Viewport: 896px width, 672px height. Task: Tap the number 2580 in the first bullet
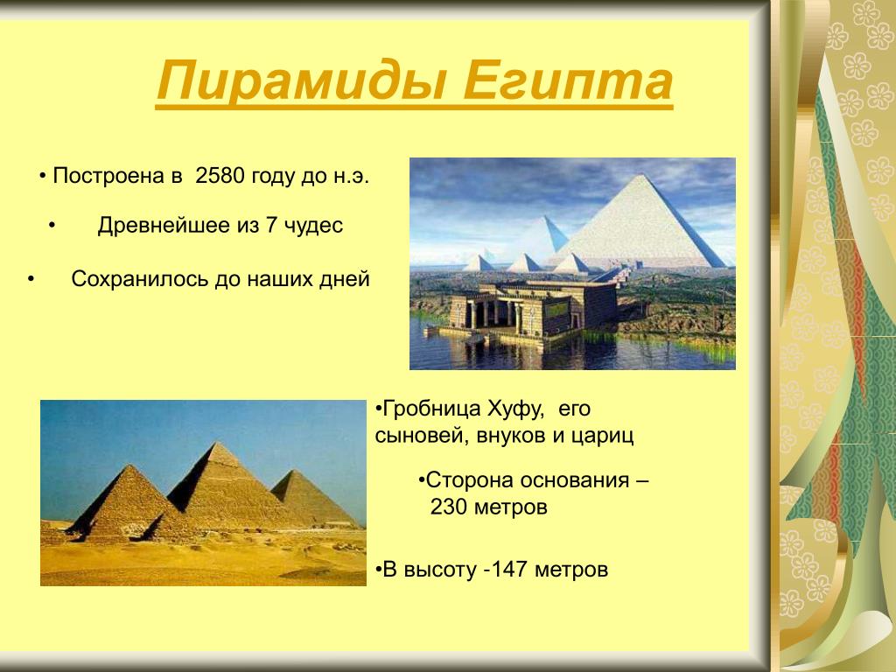coord(220,176)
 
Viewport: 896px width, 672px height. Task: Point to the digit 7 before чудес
coord(271,226)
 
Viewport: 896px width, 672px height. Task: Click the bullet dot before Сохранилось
coord(31,280)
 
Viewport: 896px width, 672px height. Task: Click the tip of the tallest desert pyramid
coord(217,443)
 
